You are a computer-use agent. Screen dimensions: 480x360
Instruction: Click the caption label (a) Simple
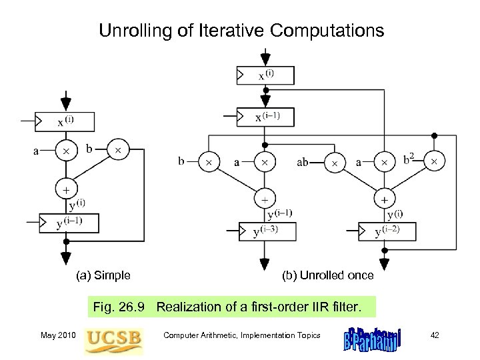click(103, 275)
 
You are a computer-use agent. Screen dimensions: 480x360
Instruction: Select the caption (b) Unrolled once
click(328, 275)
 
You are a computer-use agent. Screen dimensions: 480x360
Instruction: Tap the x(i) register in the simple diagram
click(66, 121)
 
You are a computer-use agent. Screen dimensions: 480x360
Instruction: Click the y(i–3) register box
click(267, 231)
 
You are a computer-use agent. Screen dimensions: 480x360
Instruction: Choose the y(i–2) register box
click(387, 231)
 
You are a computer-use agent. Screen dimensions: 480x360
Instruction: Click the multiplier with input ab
click(335, 163)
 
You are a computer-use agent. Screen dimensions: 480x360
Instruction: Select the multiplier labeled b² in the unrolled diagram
click(435, 162)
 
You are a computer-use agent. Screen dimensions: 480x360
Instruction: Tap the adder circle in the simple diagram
click(65, 189)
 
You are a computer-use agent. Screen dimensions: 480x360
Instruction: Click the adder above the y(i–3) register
click(265, 199)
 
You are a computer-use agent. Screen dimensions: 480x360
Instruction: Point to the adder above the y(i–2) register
click(384, 199)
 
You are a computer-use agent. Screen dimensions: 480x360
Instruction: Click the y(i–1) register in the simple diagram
click(69, 222)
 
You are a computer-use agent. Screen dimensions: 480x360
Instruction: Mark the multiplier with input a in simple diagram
click(65, 151)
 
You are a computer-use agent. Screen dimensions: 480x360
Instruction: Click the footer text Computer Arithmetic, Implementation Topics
click(241, 335)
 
